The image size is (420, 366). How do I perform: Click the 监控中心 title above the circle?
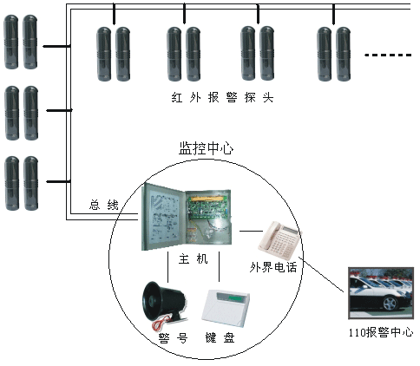tap(206, 149)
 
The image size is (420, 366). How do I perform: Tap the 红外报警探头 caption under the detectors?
tap(223, 97)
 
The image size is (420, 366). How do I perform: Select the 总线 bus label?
tap(103, 206)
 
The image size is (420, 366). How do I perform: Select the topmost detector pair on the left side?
tap(23, 42)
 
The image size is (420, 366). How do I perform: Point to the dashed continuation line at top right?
tap(389, 56)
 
